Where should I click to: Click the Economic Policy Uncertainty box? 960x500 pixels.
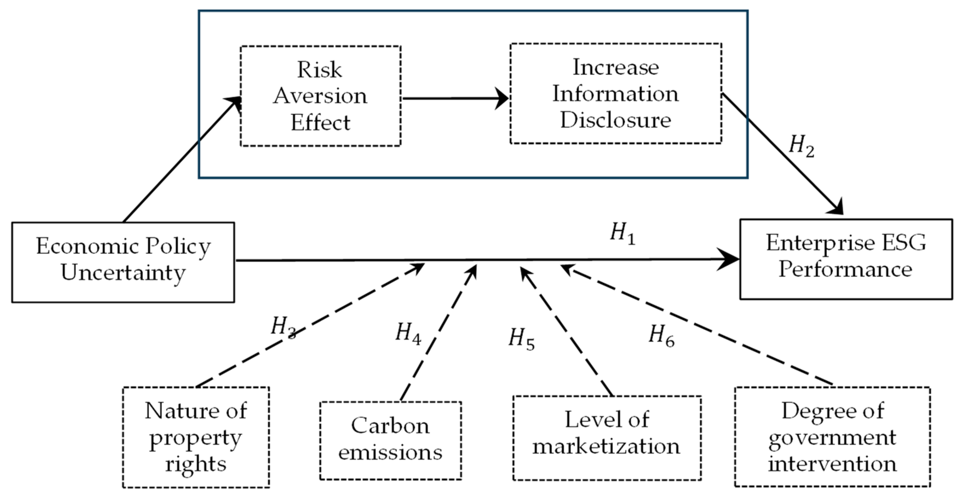tap(123, 262)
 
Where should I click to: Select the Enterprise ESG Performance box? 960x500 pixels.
tap(846, 259)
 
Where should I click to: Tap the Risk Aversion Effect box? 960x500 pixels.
tap(321, 96)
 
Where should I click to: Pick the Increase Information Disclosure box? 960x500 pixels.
tap(616, 94)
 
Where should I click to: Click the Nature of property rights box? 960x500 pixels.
tap(196, 437)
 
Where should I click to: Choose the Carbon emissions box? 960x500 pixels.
tap(390, 440)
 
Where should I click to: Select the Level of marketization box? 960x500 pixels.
tap(607, 438)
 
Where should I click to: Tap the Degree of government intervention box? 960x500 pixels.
tap(832, 437)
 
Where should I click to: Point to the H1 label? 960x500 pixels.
tap(623, 234)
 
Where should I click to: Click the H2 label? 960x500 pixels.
tap(802, 146)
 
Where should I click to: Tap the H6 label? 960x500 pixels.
tap(661, 335)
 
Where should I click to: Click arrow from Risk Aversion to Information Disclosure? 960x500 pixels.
tap(455, 98)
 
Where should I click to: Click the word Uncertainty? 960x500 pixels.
tap(123, 273)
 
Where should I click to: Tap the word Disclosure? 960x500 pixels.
tap(616, 121)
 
